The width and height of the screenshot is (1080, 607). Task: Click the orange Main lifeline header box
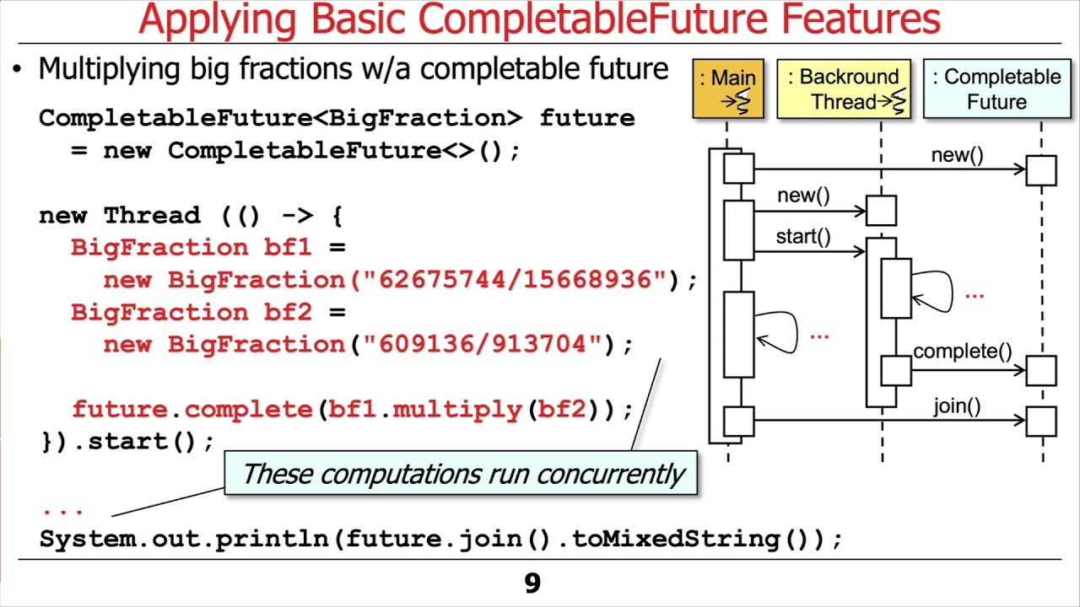728,89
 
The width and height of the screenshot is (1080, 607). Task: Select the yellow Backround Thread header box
844,89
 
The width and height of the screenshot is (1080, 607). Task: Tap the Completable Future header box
996,89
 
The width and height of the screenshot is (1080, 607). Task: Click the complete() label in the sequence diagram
962,351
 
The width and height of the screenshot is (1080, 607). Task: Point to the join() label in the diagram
957,406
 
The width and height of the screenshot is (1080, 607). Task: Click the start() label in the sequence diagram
803,237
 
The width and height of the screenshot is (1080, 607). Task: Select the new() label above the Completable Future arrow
957,155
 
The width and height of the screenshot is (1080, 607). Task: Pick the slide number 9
532,583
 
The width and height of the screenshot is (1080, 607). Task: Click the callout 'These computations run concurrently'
462,474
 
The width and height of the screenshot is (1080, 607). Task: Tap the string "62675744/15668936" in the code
522,280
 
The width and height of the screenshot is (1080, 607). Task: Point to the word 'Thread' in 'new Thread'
152,216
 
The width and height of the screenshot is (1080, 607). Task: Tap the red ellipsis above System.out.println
62,509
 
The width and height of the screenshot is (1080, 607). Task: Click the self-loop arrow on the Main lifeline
780,332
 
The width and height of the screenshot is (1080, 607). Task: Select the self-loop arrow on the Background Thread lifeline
936,291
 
